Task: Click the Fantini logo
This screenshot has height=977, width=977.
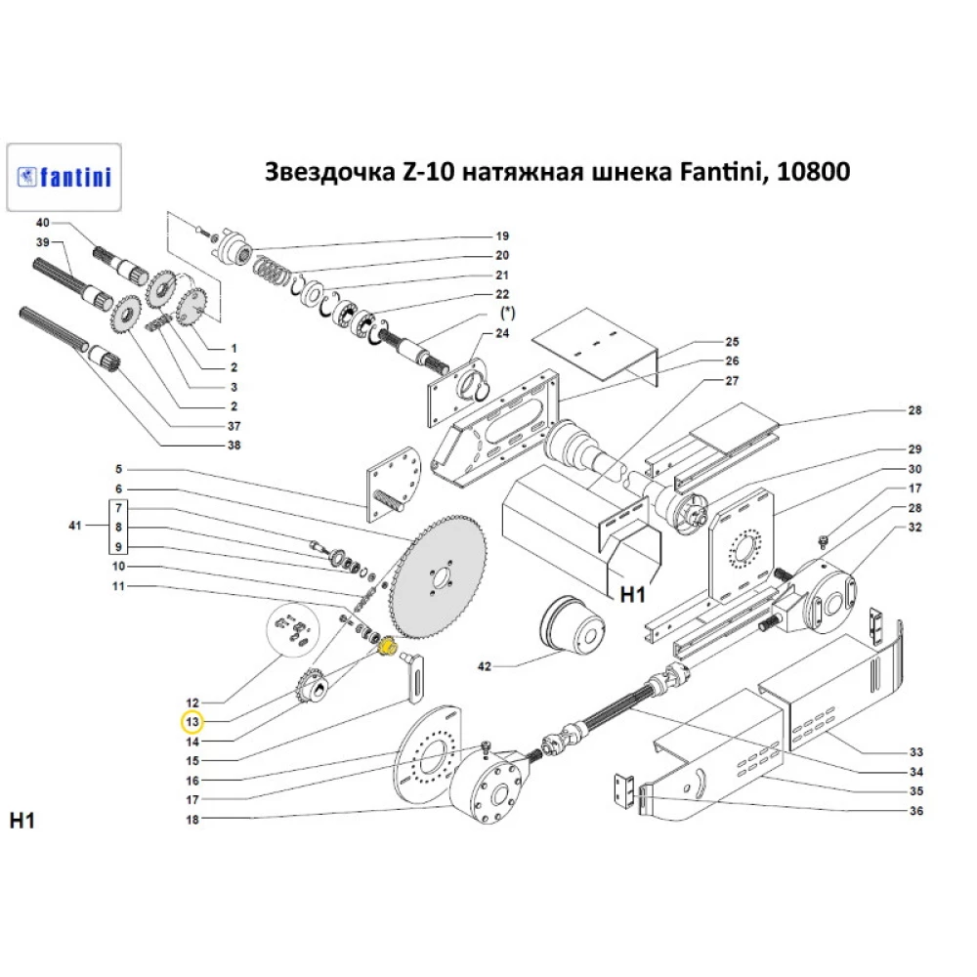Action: (64, 177)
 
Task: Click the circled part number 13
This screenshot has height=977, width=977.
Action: (192, 722)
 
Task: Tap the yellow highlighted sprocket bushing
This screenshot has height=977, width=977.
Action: (385, 647)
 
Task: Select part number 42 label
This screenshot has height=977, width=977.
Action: (484, 666)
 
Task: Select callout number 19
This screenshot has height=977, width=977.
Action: (502, 236)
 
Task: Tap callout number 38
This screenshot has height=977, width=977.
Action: (234, 446)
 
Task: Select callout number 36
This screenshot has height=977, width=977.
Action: (914, 811)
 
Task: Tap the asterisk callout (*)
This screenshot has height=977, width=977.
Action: (507, 314)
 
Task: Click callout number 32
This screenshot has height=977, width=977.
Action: (914, 528)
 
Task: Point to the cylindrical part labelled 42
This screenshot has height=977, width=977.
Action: (572, 625)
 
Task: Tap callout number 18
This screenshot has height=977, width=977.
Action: (192, 819)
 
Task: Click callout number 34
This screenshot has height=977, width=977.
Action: (914, 772)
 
